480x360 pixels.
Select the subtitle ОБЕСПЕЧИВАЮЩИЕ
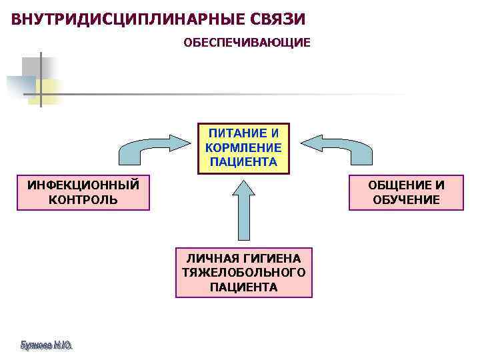point(247,43)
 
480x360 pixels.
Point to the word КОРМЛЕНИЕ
point(243,147)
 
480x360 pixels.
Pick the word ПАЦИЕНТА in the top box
point(243,161)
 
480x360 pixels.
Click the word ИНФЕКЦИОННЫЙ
point(83,185)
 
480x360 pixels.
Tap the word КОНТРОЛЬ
point(83,199)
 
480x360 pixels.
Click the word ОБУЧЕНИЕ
point(407,199)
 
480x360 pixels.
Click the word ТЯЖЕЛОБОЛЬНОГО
point(243,273)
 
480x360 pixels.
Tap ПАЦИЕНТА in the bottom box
point(243,287)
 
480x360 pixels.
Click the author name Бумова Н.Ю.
point(46,345)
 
